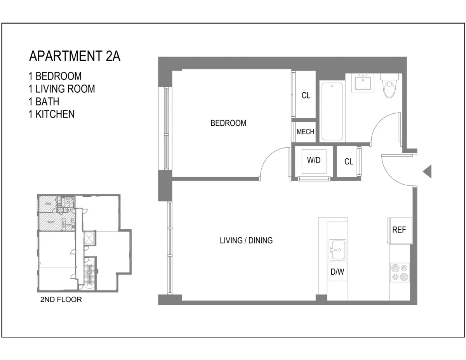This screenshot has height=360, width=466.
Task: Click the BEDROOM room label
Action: (x=228, y=123)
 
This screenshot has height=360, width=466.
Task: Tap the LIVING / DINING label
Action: (x=246, y=241)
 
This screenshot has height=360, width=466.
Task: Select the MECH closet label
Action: (x=305, y=132)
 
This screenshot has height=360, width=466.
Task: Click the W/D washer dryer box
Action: (x=314, y=161)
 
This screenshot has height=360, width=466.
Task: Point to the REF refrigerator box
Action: (x=399, y=230)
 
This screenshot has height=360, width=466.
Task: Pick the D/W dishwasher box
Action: (x=337, y=272)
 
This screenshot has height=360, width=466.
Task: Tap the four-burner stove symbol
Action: (x=400, y=272)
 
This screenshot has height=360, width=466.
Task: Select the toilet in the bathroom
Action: (x=389, y=86)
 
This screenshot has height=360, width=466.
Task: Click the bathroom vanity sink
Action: (x=363, y=83)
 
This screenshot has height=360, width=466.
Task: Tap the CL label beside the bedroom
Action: (x=306, y=95)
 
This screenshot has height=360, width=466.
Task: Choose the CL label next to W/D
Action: (x=349, y=162)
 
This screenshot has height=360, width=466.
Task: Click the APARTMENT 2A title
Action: (x=75, y=56)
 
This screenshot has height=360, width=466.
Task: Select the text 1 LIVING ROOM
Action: (x=61, y=89)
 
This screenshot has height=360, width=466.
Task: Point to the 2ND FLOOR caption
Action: (x=61, y=300)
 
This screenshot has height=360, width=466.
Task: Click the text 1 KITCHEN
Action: (x=51, y=114)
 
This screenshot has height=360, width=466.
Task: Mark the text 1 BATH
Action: (x=43, y=102)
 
